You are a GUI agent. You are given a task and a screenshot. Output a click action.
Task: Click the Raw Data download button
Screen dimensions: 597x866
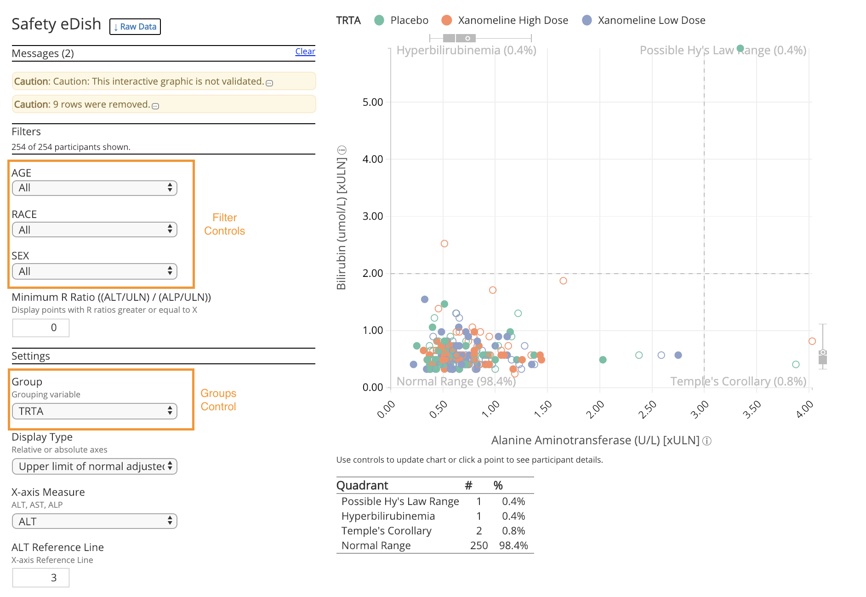click(135, 27)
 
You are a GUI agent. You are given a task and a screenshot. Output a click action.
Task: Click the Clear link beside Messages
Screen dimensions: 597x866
click(305, 52)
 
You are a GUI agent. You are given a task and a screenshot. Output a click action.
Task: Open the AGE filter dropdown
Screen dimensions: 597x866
click(95, 188)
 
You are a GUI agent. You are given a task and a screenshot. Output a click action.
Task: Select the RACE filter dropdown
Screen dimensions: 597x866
click(95, 230)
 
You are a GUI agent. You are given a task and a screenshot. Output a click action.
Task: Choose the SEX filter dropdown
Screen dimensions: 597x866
click(95, 271)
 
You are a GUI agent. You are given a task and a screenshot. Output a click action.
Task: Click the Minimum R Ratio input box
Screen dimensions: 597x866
click(41, 327)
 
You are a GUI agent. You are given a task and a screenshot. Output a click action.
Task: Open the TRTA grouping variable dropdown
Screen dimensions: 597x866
click(95, 411)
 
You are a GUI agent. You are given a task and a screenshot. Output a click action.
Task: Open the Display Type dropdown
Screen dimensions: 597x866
click(95, 466)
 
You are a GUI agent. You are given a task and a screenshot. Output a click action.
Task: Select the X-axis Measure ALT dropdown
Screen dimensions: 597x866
click(95, 521)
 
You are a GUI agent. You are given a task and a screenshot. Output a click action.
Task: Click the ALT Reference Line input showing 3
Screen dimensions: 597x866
click(41, 578)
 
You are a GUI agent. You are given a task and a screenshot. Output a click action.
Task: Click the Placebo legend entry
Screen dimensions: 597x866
click(401, 20)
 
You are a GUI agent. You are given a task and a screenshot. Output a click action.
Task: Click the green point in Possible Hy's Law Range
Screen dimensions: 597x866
click(740, 48)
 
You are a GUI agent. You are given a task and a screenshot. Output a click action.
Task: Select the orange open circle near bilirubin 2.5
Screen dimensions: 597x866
click(444, 244)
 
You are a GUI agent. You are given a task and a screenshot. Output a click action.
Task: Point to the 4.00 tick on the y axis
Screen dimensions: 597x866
click(372, 159)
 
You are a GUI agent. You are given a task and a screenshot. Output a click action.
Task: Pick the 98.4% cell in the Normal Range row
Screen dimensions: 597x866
click(513, 545)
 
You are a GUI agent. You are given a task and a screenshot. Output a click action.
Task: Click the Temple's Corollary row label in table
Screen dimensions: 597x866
click(386, 531)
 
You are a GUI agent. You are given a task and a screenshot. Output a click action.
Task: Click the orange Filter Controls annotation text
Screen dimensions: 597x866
click(224, 224)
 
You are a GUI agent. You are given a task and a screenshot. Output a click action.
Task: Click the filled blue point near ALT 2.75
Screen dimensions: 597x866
click(678, 355)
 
